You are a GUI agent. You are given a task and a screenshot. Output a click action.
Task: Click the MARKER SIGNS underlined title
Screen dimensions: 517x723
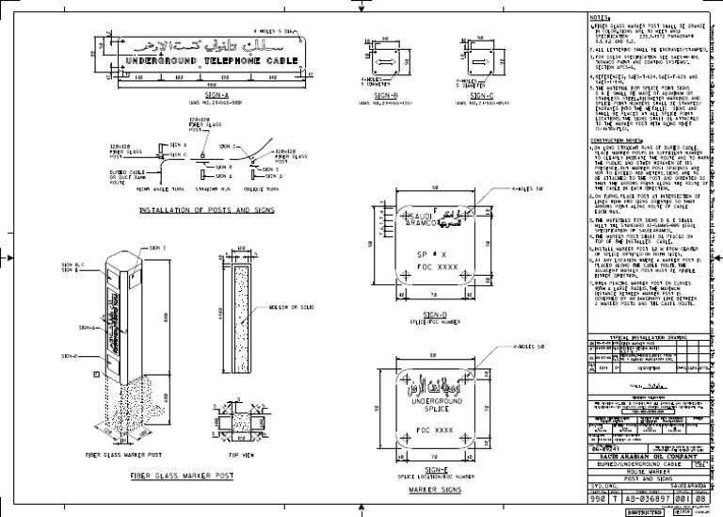436,492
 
